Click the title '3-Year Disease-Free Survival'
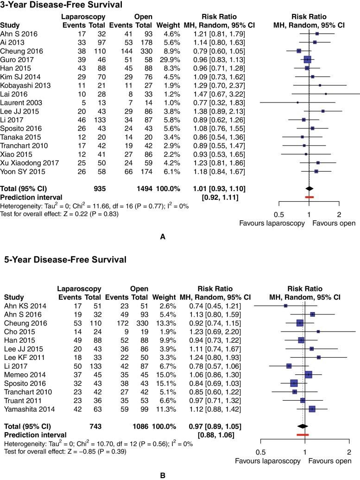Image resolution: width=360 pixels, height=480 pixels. point(62,6)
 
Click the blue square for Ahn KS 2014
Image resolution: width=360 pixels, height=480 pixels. point(285,306)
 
